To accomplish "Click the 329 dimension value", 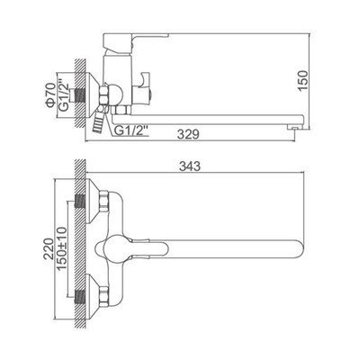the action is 188,134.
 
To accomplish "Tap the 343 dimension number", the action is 190,166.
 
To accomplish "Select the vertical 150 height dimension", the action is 303,80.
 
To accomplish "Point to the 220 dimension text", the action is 49,248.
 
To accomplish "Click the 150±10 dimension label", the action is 62,248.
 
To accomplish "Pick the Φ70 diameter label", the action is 49,95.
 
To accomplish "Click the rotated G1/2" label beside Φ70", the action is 63,95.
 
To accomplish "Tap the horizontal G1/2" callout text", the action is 132,130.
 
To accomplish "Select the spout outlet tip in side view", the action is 295,128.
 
